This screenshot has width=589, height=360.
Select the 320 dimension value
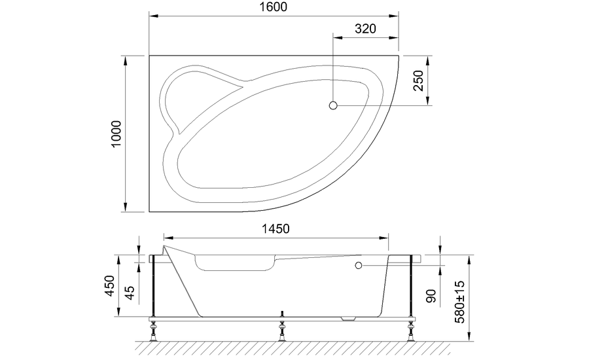[x=366, y=29]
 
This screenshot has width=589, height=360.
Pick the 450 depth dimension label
[x=110, y=286]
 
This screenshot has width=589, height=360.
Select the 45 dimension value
[x=130, y=292]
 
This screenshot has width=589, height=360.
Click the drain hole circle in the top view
[x=333, y=105]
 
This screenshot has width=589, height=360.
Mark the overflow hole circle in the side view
[x=358, y=266]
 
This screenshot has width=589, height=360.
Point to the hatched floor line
[x=281, y=346]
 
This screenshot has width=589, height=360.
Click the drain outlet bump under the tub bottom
[x=349, y=319]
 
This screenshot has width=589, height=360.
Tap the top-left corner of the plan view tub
[x=151, y=56]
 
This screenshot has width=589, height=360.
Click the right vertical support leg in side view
[x=410, y=288]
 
